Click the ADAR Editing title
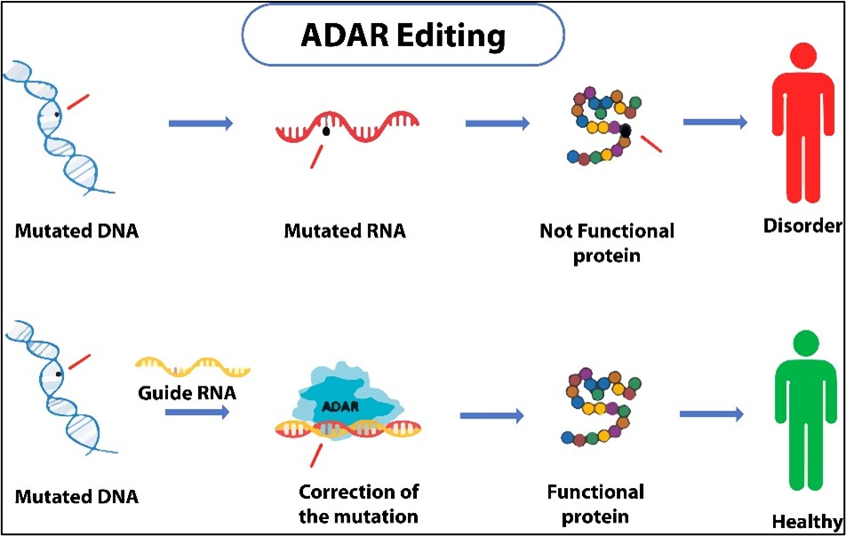point(403,36)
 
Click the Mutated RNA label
point(345,231)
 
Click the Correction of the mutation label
point(358,503)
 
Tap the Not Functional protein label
point(607,241)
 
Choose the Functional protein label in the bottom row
point(595,503)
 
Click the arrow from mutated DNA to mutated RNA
point(201,124)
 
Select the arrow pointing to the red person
point(715,123)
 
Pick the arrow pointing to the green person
point(711,413)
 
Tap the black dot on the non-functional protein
point(626,132)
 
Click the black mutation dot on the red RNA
point(326,132)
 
